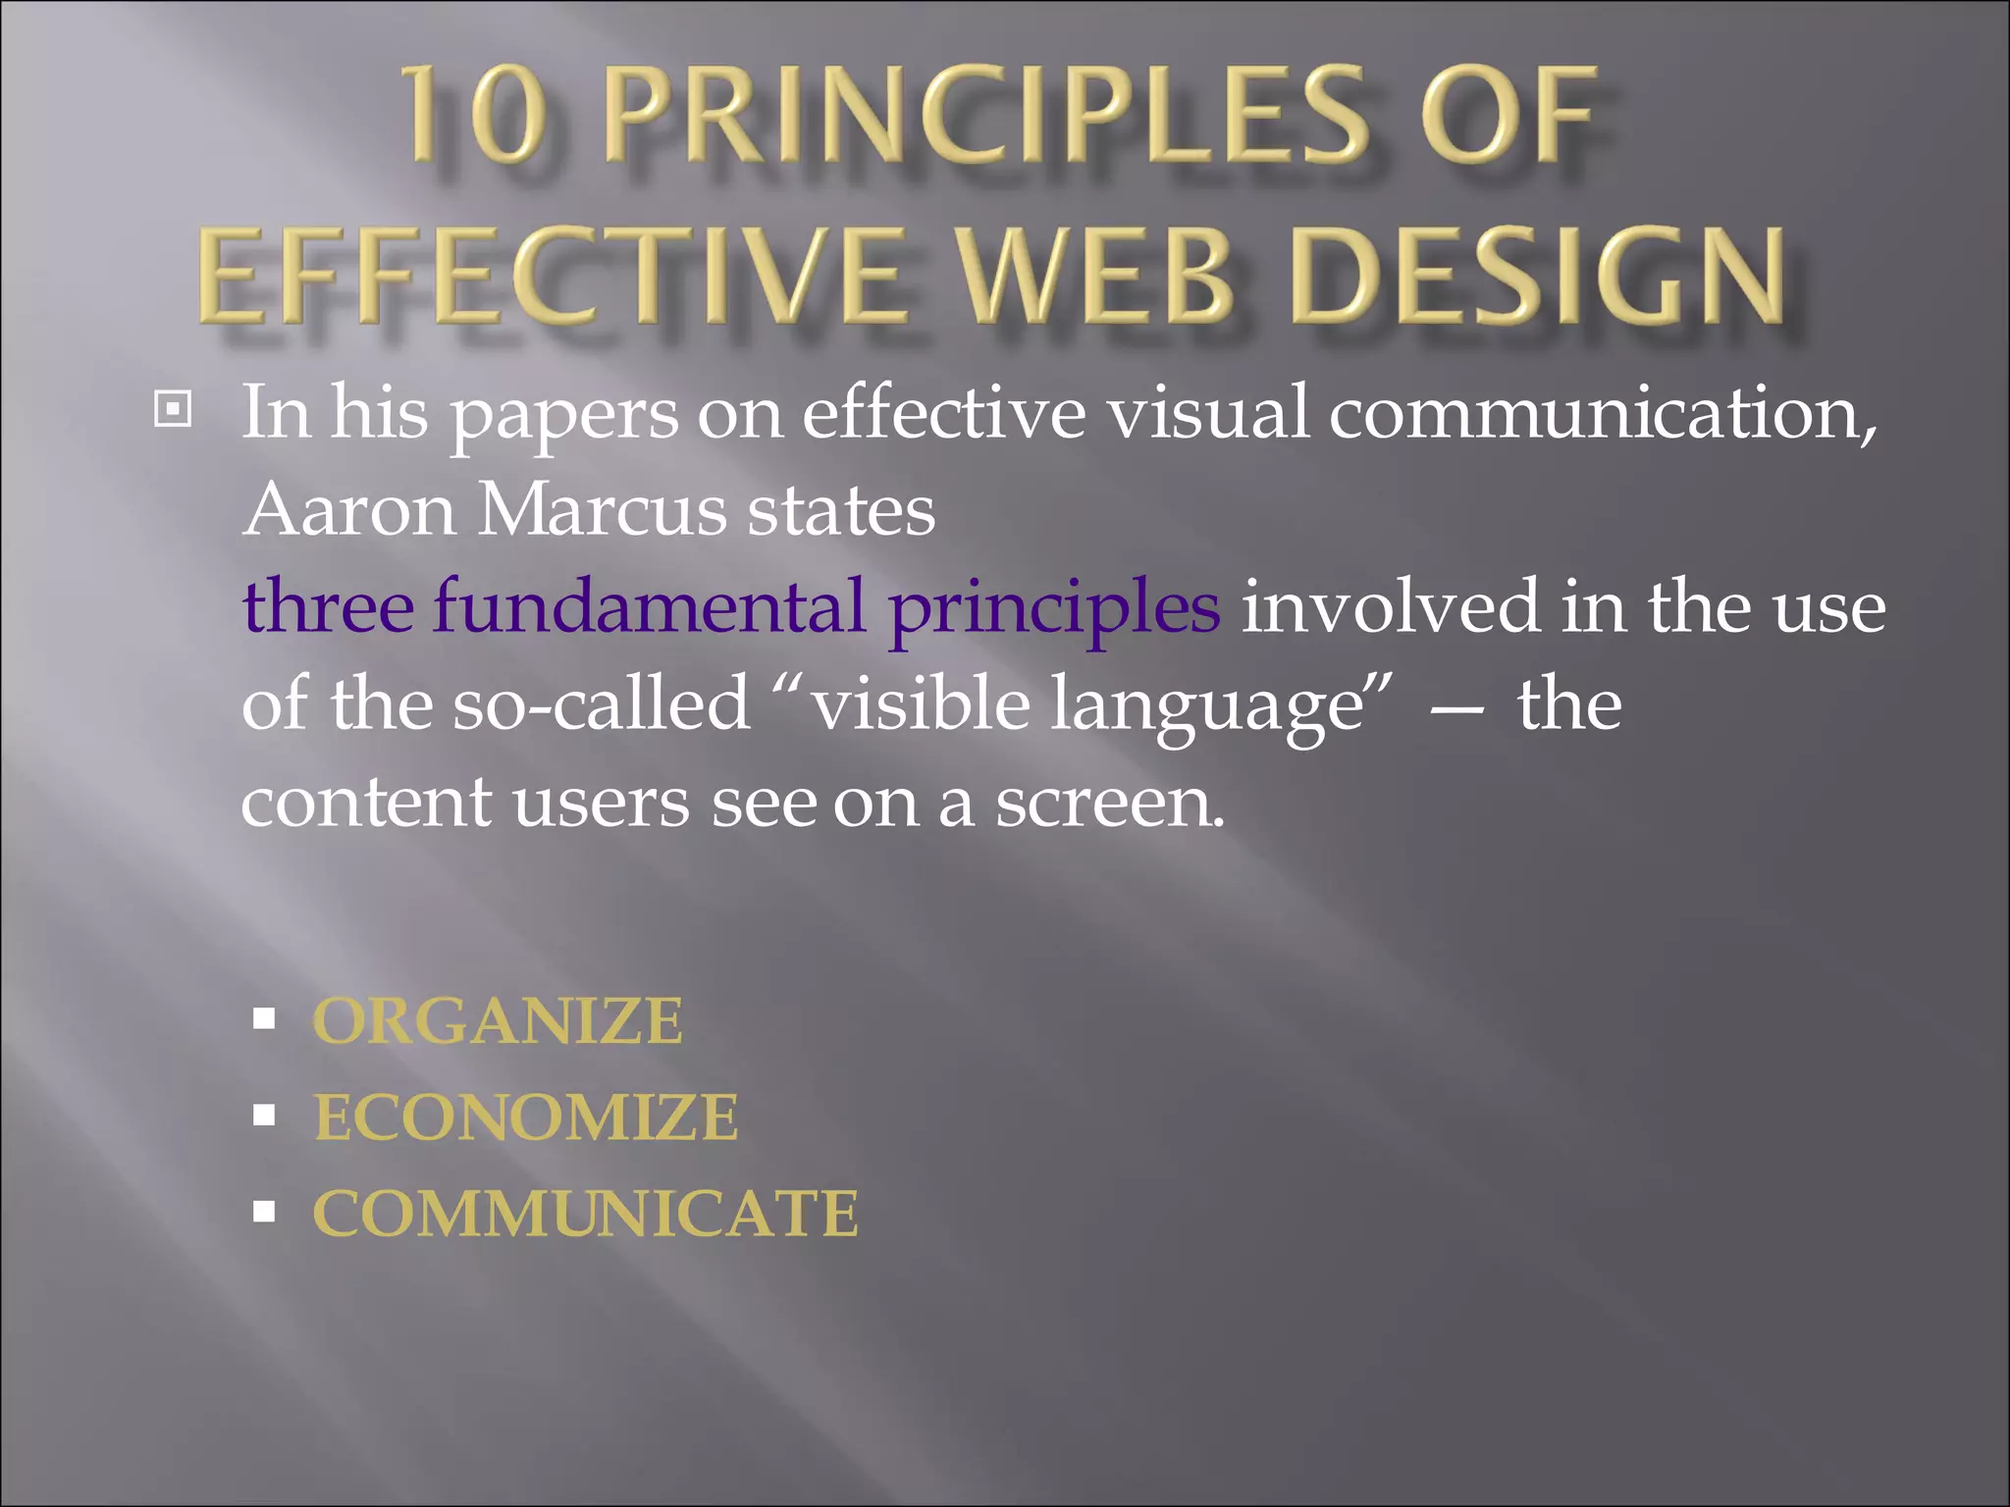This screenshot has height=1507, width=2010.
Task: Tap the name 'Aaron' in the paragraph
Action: coord(349,510)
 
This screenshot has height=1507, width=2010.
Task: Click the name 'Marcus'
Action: coord(602,510)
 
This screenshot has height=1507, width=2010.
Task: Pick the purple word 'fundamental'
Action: coord(650,606)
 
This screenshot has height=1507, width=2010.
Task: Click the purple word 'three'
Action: coord(329,606)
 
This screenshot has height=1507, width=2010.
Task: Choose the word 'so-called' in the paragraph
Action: coord(601,703)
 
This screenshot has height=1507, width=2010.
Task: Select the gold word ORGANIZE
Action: coord(498,1021)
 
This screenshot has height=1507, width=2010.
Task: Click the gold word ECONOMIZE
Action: coord(526,1117)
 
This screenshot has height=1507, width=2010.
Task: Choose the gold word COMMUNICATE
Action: coord(586,1214)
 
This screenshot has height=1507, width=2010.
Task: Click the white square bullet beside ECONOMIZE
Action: coord(263,1116)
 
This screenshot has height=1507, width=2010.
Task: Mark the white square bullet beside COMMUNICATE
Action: coord(263,1212)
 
